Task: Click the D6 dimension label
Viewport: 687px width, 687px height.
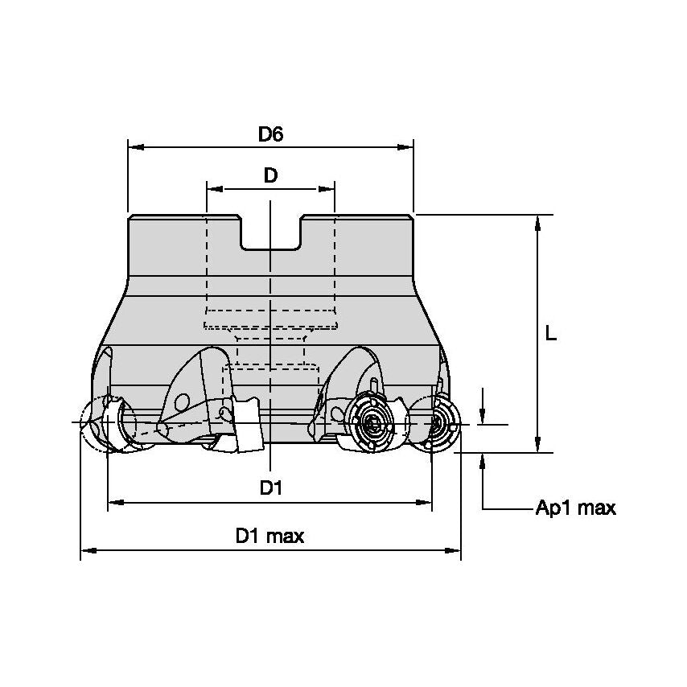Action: pos(270,134)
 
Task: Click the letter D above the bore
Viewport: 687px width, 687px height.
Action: pos(270,176)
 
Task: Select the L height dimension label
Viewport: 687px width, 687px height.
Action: pos(550,334)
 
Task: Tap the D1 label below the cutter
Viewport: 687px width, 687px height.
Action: pos(270,488)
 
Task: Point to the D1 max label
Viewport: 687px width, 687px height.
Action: pos(269,537)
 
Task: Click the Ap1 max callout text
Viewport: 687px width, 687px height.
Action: pos(575,508)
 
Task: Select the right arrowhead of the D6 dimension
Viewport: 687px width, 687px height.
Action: pos(406,147)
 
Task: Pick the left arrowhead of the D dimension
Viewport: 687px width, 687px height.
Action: pos(214,189)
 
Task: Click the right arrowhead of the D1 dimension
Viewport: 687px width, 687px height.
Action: pos(425,503)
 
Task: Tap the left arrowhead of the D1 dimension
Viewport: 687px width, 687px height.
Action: pos(115,503)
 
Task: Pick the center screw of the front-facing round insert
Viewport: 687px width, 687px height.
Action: pos(371,422)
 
